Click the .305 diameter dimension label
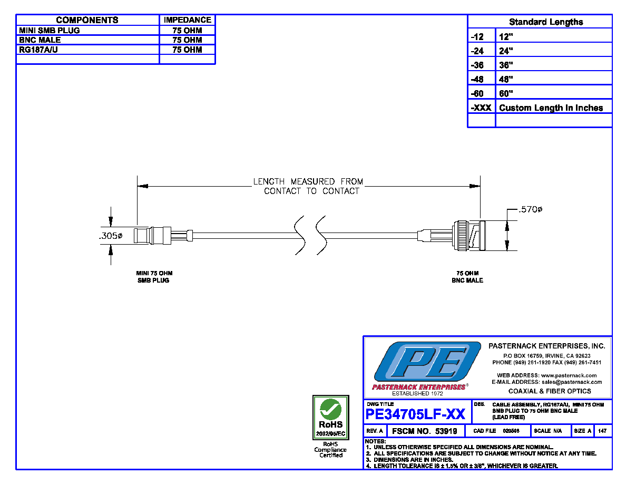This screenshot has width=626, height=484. (x=111, y=236)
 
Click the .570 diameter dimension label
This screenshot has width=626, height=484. (x=530, y=209)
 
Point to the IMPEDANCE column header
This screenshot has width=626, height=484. (x=187, y=20)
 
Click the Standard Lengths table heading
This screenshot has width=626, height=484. (x=546, y=22)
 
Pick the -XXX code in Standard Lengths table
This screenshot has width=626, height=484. (x=481, y=108)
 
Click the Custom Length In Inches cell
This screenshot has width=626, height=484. (x=551, y=108)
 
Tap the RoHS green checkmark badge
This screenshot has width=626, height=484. (x=330, y=418)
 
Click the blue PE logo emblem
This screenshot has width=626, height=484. (x=427, y=361)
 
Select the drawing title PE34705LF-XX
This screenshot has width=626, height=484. (x=415, y=414)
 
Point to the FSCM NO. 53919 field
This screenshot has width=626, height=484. (x=424, y=431)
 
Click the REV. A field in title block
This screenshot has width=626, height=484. (x=375, y=431)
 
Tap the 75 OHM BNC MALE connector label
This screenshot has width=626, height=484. (x=467, y=277)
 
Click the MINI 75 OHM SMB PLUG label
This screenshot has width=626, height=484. (x=154, y=277)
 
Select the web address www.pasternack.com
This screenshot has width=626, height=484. (x=569, y=375)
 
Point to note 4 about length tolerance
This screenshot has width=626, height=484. (x=462, y=466)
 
